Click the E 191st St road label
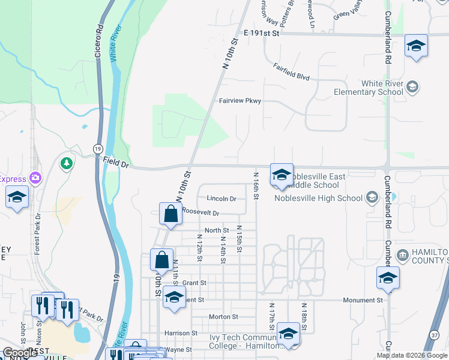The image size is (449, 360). [262, 34]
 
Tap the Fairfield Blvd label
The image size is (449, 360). [291, 73]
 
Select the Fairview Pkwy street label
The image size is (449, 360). [240, 101]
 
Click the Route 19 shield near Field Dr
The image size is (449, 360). [98, 148]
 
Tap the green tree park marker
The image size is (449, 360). [67, 163]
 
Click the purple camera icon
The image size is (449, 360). [35, 178]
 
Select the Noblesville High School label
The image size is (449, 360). [318, 198]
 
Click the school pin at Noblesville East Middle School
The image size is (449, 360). [282, 175]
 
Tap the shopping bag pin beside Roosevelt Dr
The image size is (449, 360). [171, 214]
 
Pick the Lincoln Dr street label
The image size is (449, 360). [221, 199]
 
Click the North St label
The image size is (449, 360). [217, 230]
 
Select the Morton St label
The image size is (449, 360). [223, 316]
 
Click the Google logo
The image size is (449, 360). [20, 353]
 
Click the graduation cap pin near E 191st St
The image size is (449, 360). [415, 46]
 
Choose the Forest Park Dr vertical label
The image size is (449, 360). [37, 233]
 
